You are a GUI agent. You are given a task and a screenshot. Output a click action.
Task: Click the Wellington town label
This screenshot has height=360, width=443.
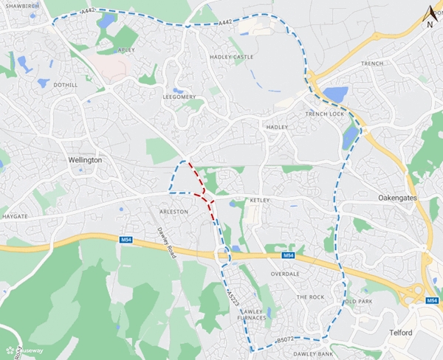point(84,160)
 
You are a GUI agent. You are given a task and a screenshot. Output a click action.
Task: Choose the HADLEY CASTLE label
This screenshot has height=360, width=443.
point(232,57)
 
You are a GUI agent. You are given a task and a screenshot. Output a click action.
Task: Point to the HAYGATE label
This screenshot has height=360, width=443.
point(16,216)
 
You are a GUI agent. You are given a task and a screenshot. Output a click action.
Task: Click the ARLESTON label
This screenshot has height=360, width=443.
point(174,212)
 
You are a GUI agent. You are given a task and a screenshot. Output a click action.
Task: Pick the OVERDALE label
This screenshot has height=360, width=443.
point(285,274)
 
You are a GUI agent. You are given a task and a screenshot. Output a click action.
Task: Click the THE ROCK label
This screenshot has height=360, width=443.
point(310,297)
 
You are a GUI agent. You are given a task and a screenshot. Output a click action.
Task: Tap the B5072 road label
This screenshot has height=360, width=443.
point(284,340)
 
